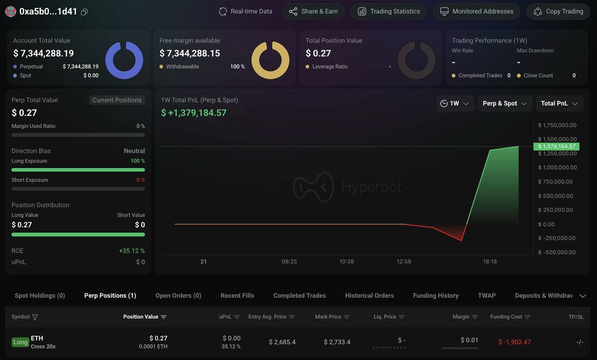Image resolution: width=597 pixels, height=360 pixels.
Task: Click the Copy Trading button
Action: [x=559, y=11]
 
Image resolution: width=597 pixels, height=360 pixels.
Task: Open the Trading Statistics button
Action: [x=389, y=11]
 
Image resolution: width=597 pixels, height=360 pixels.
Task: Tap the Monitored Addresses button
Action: [x=476, y=11]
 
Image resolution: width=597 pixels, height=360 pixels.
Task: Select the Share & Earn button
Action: [x=313, y=11]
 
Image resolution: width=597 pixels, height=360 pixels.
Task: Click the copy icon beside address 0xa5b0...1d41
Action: [x=84, y=12]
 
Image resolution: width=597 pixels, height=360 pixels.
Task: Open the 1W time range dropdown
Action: [x=455, y=103]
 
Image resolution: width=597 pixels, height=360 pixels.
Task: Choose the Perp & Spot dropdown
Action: [x=504, y=103]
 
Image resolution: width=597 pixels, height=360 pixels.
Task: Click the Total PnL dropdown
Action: [x=559, y=103]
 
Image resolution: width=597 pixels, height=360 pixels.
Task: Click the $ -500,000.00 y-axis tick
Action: [x=557, y=252]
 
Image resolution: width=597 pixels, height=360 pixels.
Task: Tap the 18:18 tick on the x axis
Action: [x=490, y=262]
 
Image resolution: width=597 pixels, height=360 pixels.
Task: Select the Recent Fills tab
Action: [x=237, y=295]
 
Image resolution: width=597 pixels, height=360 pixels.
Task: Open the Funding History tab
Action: [x=435, y=295]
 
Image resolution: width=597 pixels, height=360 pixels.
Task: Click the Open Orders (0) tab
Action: [x=178, y=295]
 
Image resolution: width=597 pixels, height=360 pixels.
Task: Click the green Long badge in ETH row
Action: [x=20, y=342]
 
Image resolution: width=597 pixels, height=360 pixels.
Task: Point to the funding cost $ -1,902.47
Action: [x=514, y=342]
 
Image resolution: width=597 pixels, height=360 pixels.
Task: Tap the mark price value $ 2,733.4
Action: [x=337, y=342]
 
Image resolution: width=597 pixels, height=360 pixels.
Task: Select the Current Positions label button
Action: [x=117, y=100]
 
